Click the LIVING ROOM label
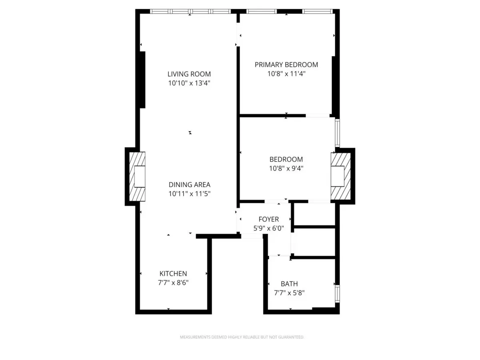pyautogui.click(x=189, y=74)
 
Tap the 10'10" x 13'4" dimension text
pyautogui.click(x=189, y=84)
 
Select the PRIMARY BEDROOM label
pyautogui.click(x=286, y=64)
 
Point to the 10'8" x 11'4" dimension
pyautogui.click(x=286, y=74)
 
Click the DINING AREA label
pyautogui.click(x=189, y=185)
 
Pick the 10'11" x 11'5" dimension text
pyautogui.click(x=189, y=194)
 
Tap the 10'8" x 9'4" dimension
pyautogui.click(x=286, y=168)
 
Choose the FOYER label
pyautogui.click(x=269, y=219)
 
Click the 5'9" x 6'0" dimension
pyautogui.click(x=269, y=229)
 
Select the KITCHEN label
pyautogui.click(x=173, y=274)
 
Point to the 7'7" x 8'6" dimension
pyautogui.click(x=173, y=283)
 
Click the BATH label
pyautogui.click(x=289, y=284)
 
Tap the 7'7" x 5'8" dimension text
pyautogui.click(x=289, y=293)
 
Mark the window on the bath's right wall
pyautogui.click(x=338, y=293)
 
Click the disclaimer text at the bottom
pyautogui.click(x=242, y=337)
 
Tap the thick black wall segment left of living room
pyautogui.click(x=142, y=80)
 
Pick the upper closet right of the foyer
pyautogui.click(x=314, y=214)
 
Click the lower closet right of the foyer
pyautogui.click(x=314, y=242)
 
